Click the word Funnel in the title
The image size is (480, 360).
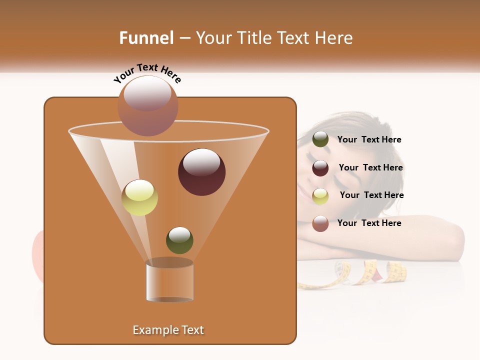pos(146,38)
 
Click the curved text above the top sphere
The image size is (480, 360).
pos(147,73)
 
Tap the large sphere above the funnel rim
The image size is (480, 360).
pos(147,105)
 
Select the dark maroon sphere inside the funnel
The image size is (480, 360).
pos(201,171)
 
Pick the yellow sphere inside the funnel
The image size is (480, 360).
pos(139,197)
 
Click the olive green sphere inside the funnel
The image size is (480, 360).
pos(179,240)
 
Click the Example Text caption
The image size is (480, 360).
pos(168,330)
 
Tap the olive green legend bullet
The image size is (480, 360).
pos(320,139)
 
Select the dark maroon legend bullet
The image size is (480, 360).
pos(320,167)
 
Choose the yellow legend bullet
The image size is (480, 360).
pos(320,195)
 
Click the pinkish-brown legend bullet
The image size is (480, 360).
pos(320,223)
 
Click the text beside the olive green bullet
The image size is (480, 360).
pos(369,140)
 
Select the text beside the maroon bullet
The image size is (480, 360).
pos(370,168)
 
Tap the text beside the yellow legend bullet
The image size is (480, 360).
pos(371,195)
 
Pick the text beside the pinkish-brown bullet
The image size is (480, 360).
pos(369,223)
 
